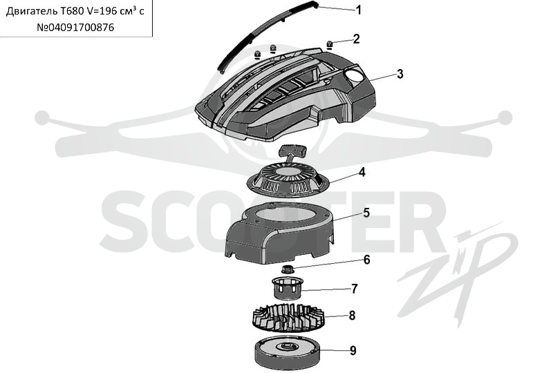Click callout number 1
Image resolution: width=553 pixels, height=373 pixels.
coord(358,10)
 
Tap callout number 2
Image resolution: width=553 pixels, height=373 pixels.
coord(356,39)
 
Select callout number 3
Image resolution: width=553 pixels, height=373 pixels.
coord(400,74)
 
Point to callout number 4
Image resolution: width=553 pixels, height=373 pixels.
coord(362,173)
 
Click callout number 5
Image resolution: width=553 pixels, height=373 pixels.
coord(366,213)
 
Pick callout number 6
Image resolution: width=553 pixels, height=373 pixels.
coord(366,260)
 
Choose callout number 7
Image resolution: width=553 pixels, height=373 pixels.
coord(355,289)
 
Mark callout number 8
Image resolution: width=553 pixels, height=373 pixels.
coord(352,315)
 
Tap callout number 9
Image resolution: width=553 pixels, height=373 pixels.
coord(353,350)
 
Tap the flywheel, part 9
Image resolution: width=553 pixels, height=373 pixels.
coord(288,353)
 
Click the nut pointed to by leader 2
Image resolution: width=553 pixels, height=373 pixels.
coord(330,44)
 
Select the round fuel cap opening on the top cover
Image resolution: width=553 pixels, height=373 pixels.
coord(354,75)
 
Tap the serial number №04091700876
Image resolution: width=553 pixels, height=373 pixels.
coord(75,27)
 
